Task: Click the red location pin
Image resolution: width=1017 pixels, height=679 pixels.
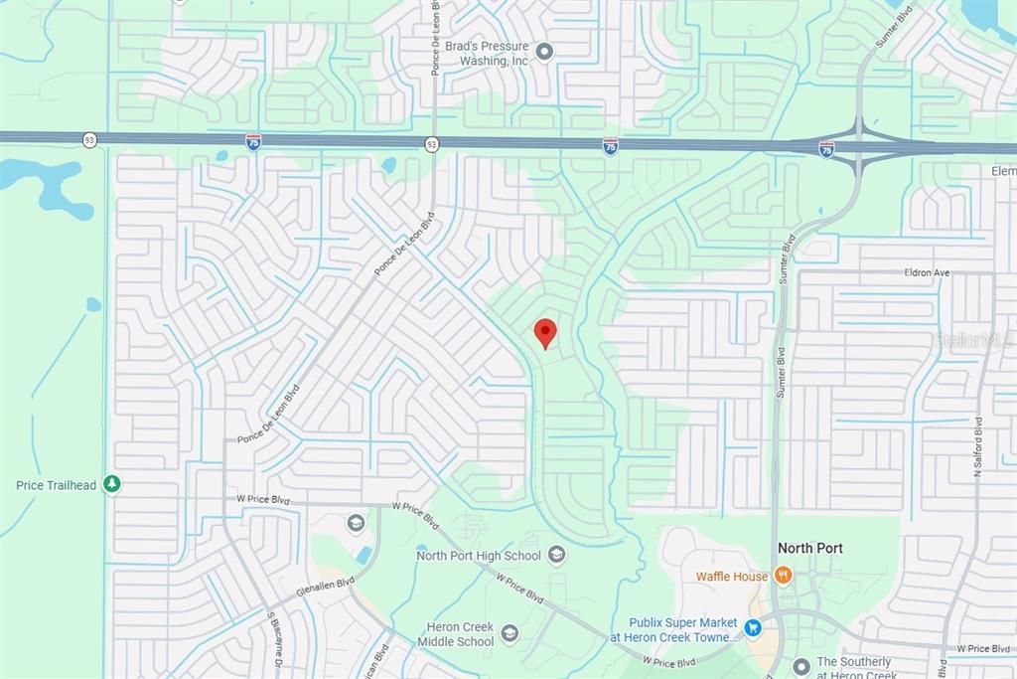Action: coord(545,332)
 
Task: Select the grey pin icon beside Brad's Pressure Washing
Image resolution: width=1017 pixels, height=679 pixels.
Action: coord(544,51)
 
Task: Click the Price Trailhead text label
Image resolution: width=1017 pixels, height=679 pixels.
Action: coord(57,485)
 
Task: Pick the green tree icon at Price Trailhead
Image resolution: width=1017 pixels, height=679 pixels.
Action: coord(112,484)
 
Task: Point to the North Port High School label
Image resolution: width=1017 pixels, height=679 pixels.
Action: coord(479,556)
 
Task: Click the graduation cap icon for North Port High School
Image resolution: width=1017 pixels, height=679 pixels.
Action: coord(556,555)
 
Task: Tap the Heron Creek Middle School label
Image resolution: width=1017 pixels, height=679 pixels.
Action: coord(460,634)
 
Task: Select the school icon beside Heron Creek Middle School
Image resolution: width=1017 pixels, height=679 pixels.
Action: coord(509,633)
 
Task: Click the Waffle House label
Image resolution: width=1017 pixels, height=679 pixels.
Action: coord(732,577)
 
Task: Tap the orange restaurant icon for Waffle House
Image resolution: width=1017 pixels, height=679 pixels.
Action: coord(783,576)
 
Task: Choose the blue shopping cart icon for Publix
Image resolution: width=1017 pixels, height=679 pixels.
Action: coord(753,628)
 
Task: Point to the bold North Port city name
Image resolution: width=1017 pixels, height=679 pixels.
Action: coord(810,548)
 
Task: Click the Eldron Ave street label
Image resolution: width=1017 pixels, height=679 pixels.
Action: coord(928,271)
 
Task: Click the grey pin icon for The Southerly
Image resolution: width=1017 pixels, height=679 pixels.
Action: coord(801,665)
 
